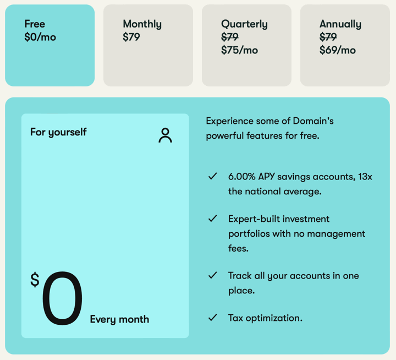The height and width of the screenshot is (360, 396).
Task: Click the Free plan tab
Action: tap(50, 46)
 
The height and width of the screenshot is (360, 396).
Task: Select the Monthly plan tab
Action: tap(148, 46)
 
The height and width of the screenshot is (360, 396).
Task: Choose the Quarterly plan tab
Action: tap(246, 46)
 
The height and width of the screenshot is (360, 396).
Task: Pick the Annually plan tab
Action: tap(345, 46)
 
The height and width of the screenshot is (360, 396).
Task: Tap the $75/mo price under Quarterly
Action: tap(239, 50)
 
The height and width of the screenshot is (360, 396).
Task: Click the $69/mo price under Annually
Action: tap(338, 50)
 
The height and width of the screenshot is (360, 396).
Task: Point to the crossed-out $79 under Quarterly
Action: tap(230, 37)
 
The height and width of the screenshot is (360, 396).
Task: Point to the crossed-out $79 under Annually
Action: tap(328, 37)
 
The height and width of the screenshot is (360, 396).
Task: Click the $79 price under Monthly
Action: tap(131, 37)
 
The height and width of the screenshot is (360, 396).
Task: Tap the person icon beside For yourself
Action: tap(165, 135)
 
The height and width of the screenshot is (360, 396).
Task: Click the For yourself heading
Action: tap(58, 132)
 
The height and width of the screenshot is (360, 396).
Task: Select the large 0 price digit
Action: tap(62, 298)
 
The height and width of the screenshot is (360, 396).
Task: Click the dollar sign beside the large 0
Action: tap(35, 280)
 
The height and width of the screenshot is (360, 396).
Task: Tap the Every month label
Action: tap(119, 320)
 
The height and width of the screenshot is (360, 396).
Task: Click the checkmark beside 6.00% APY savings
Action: tap(213, 176)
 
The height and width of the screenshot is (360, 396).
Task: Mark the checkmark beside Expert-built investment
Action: tap(213, 219)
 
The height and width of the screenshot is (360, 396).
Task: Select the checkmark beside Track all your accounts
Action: tap(213, 275)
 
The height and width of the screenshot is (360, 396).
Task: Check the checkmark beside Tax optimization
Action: tap(213, 318)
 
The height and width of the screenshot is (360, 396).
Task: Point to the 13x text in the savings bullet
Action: tap(365, 177)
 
